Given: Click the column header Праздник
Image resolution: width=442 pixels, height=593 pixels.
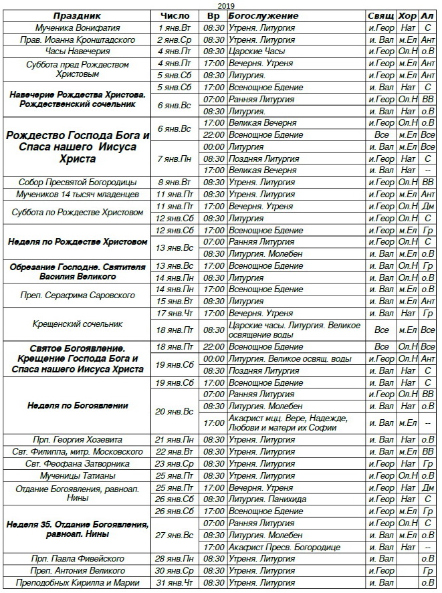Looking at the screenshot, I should coord(78,16).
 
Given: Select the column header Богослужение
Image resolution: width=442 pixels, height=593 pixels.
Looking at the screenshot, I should coord(263,16).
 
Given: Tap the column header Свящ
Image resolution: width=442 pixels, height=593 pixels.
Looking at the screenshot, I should coord(381,16).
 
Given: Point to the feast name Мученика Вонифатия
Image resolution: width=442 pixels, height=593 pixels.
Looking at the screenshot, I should coord(78,28).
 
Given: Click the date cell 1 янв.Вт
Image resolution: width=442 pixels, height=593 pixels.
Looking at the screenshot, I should coord(175,28).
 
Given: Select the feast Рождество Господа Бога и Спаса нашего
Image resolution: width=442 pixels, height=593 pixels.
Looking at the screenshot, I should coord(78,147).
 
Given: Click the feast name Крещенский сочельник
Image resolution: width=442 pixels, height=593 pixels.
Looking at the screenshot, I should coord(78,324).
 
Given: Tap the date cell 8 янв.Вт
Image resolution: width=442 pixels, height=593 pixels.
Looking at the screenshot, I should coord(175,182).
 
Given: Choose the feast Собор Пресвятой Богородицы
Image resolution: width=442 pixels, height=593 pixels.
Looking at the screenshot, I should coord(78,182).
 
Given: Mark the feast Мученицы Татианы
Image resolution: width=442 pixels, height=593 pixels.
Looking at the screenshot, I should coord(78,475).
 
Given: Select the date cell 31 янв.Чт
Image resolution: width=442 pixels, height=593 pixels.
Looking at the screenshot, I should coord(175,583).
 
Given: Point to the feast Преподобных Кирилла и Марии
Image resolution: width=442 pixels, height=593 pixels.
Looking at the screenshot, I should coord(78,583).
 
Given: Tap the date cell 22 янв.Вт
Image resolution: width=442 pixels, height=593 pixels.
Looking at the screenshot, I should coord(175,452).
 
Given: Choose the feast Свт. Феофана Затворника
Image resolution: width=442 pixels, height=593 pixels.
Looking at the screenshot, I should coord(78,463).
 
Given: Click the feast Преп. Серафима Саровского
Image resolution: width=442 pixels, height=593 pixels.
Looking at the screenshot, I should coord(78,295).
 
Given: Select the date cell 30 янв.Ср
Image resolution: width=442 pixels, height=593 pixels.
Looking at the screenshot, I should coord(175,571).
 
